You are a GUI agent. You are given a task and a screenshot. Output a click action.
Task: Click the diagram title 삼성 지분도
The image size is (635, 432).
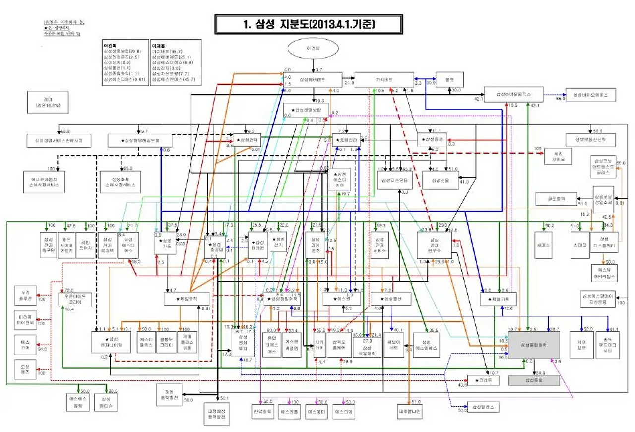[x=301, y=23]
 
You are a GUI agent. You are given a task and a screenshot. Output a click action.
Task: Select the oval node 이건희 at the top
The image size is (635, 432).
[x=313, y=50]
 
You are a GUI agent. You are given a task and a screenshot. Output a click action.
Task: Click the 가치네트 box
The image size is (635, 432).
[x=384, y=79]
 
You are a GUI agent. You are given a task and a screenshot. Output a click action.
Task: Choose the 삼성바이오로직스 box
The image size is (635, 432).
[x=514, y=94]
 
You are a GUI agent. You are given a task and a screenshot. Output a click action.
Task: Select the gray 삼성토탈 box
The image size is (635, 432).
[x=534, y=381]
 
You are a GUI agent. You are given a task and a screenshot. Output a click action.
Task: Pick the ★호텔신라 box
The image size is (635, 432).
[x=346, y=140]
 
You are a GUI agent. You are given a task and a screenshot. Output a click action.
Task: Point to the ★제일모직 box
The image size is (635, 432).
[x=187, y=299]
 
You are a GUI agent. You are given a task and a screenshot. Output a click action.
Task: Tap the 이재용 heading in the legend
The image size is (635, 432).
[x=159, y=45]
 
